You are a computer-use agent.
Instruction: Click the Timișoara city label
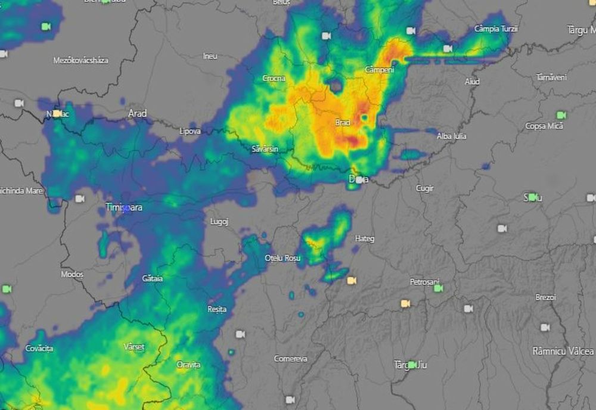pos(123,207)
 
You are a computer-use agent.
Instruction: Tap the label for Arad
pos(137,113)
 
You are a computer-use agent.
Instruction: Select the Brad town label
pos(343,123)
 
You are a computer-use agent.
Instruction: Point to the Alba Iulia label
pos(452,136)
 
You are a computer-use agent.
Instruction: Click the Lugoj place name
pos(219,222)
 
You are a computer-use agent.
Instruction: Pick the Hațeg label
pos(365,238)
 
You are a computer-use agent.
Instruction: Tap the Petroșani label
pos(424,281)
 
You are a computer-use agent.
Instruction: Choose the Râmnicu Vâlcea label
pos(563,351)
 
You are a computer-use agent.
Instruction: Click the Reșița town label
pos(217,309)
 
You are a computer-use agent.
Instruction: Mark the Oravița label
pos(188,364)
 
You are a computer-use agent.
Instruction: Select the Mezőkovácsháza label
pos(80,60)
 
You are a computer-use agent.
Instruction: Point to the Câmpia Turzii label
pos(496,29)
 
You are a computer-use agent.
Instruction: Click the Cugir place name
pos(425,188)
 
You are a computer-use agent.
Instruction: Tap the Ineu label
pos(210,56)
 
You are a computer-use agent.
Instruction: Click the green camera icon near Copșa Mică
pos(561,114)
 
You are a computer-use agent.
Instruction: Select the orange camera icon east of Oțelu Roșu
pos(352,280)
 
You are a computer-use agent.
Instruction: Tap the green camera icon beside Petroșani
pos(438,288)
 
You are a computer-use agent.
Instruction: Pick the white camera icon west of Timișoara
pos(79,198)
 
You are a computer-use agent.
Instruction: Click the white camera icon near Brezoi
pos(545,327)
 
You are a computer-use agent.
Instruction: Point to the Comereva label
pos(291,359)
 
